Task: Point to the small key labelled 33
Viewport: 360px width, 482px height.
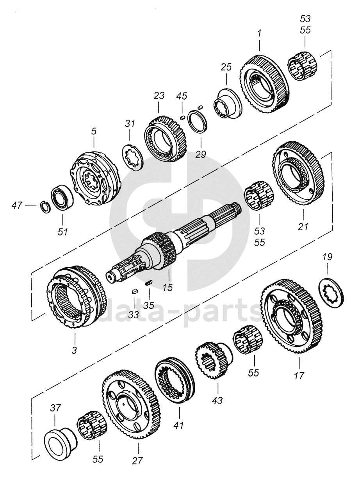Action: (134, 290)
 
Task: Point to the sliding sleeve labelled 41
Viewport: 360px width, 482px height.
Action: (175, 379)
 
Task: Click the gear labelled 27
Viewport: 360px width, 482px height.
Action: (131, 404)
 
